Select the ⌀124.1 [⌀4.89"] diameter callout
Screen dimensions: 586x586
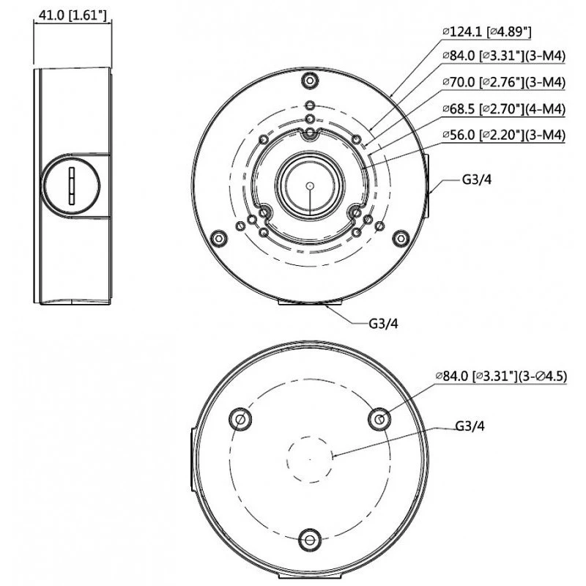[487, 31]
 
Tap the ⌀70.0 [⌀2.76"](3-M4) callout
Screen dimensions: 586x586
[504, 82]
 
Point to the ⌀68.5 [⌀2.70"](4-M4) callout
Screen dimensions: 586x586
[504, 108]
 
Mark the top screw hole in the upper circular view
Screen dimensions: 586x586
[310, 79]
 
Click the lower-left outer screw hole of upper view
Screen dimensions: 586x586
[218, 239]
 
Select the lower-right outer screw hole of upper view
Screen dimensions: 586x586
[400, 239]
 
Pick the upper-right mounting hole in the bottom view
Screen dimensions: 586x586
[379, 419]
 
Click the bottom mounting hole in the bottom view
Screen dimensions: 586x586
[309, 541]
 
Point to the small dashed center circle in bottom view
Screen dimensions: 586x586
[309, 459]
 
